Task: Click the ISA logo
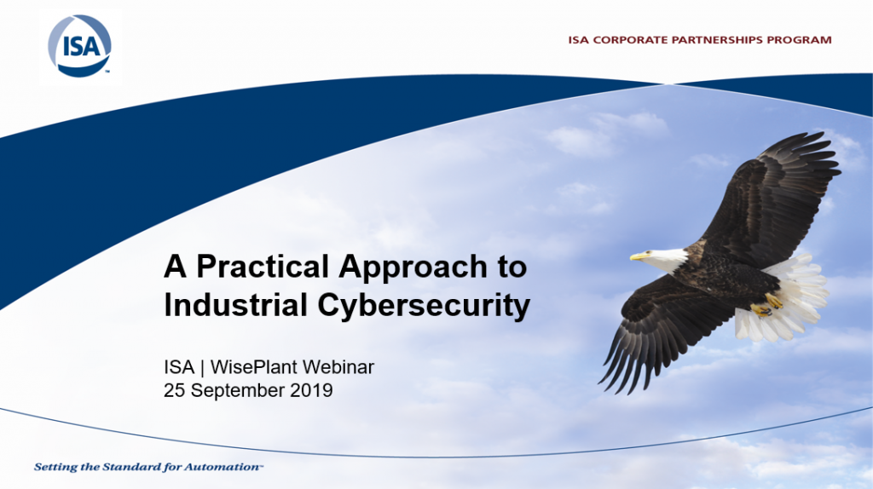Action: (x=79, y=46)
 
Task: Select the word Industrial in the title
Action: (x=236, y=306)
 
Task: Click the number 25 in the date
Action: (x=174, y=390)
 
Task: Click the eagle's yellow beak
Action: (x=639, y=256)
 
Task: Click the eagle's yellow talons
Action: (x=766, y=306)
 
